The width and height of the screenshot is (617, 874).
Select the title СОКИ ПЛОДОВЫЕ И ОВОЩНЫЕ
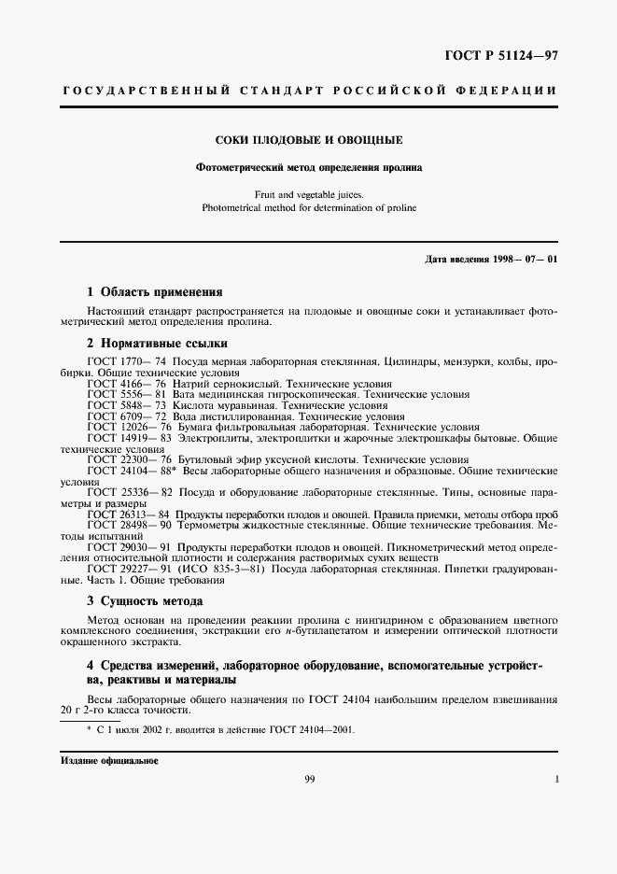tap(309, 141)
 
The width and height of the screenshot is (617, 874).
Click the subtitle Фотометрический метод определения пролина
tap(309, 168)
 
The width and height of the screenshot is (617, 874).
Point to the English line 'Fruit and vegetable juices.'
tap(309, 195)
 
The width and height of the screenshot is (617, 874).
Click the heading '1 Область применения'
tap(154, 291)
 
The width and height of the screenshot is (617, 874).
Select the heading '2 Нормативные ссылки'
tap(157, 343)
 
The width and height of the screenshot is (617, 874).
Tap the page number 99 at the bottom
tap(309, 780)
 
